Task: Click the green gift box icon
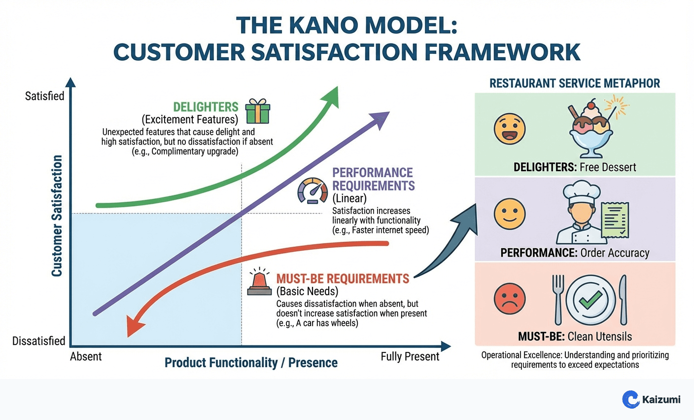tap(258, 111)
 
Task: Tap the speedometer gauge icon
tap(312, 191)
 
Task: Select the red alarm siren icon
tap(259, 282)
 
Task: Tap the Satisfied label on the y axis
tap(45, 96)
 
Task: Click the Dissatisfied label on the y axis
tap(39, 341)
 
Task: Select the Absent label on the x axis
tap(86, 356)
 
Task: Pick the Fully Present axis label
tap(410, 356)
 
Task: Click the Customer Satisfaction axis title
tap(57, 216)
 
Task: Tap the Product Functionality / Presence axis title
tap(251, 363)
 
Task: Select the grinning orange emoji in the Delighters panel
tap(510, 129)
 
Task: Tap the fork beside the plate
tap(558, 298)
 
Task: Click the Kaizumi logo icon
tap(630, 399)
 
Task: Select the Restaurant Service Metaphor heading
tap(574, 83)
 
